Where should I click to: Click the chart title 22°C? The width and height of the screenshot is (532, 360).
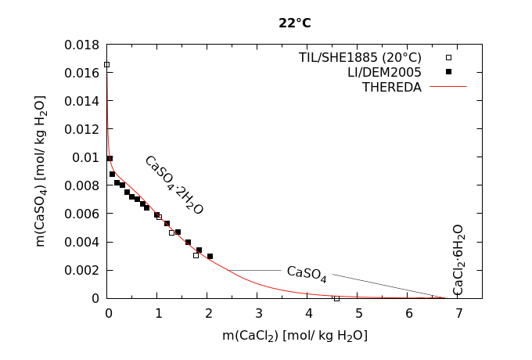coord(294,23)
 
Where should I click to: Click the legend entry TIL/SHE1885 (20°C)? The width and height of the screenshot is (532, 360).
coord(360,57)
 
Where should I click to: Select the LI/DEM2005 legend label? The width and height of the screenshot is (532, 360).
coord(384,72)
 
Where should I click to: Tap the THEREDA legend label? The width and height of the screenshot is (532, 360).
coord(391,87)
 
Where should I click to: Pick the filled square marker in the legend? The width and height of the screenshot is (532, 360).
coord(448,72)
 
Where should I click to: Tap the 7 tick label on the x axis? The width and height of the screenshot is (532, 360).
coord(459,314)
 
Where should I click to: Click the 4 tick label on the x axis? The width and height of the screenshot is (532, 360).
coord(308,314)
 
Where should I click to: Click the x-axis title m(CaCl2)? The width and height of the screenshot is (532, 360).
coord(294,336)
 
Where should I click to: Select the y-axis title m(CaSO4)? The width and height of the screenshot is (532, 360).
coord(41,171)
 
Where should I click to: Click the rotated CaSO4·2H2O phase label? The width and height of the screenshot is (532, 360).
coord(174,185)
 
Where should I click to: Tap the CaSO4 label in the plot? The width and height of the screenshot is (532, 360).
coord(307,272)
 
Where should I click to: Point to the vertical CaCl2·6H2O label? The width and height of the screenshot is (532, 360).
coord(458,259)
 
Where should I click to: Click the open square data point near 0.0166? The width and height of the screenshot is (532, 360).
coord(107,64)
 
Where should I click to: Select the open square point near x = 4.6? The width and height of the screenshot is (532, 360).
coord(337,298)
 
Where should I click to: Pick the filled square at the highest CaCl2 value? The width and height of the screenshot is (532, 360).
coord(210,256)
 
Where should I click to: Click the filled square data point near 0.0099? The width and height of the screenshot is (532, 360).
coord(110,158)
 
